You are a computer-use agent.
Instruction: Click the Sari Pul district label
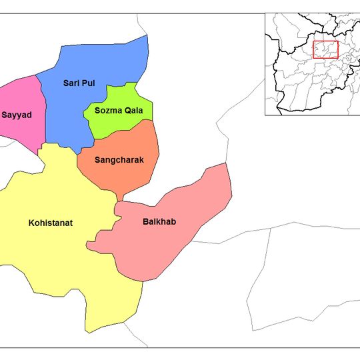click(79, 83)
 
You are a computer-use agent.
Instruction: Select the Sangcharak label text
click(119, 160)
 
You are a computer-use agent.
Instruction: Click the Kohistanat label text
click(51, 223)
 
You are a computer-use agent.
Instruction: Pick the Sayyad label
click(16, 115)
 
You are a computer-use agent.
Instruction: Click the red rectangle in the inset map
click(325, 50)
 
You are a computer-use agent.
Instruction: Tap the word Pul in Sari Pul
click(89, 83)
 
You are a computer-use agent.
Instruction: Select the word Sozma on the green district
click(107, 112)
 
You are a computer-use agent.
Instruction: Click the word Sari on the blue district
click(70, 83)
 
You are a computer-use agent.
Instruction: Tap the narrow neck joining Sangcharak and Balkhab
click(120, 197)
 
